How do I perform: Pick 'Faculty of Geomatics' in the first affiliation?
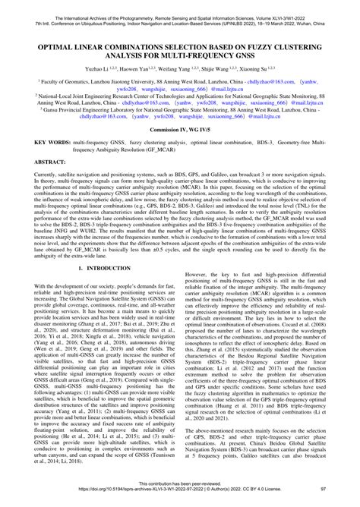pyautogui.click(x=45, y=78)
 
